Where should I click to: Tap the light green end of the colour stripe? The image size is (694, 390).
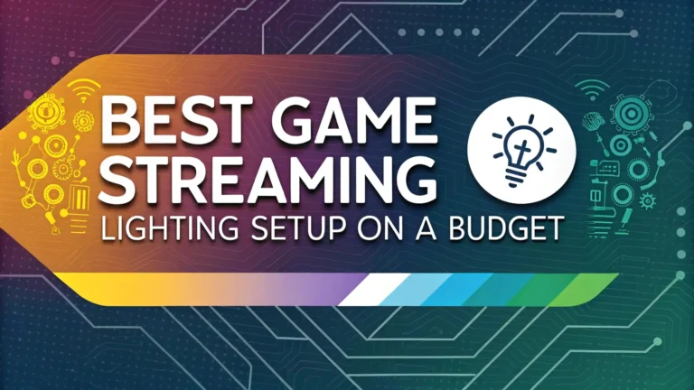[578, 288]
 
